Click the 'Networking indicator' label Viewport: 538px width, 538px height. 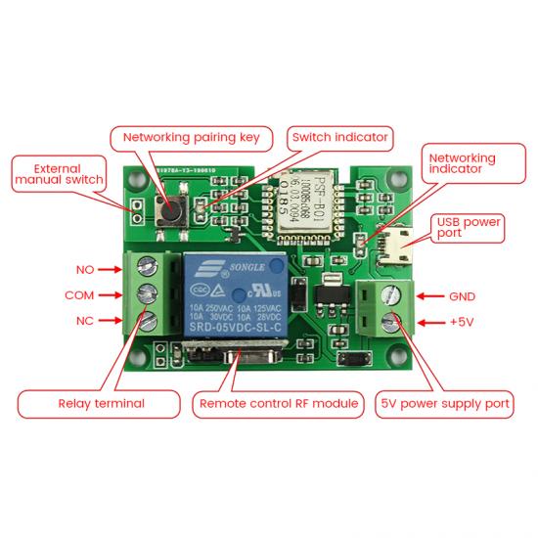click(x=462, y=163)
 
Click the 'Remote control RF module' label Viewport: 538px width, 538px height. click(x=279, y=403)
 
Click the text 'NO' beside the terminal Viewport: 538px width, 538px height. click(x=85, y=269)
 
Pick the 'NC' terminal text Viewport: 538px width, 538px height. click(x=85, y=321)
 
